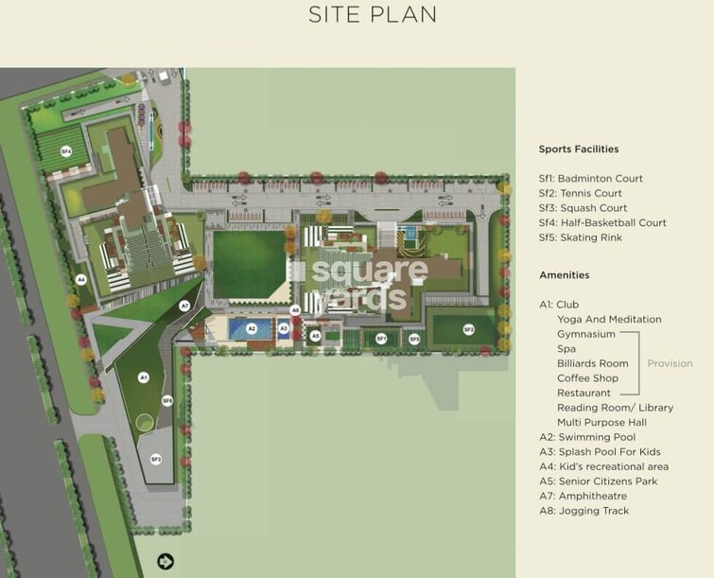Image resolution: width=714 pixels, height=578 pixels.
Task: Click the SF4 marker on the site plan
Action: click(66, 151)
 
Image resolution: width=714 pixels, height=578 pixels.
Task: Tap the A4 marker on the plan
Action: click(81, 280)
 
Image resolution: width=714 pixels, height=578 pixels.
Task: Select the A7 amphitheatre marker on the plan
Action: click(184, 306)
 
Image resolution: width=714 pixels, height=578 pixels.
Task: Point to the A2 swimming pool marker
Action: click(252, 329)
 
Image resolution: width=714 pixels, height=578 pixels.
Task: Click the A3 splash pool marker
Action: click(284, 328)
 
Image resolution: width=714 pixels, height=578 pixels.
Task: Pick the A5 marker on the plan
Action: click(315, 335)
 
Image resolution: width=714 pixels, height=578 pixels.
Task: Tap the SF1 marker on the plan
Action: click(381, 338)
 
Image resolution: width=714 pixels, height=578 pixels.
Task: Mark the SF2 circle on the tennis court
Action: click(469, 329)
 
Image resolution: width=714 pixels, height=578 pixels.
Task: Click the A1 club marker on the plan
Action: click(144, 377)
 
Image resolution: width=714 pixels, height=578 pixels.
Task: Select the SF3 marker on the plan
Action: click(156, 460)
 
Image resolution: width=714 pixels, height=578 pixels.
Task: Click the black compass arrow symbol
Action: click(165, 562)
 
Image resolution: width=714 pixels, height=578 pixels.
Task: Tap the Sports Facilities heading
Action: click(578, 149)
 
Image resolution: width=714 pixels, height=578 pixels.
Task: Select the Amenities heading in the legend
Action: click(564, 275)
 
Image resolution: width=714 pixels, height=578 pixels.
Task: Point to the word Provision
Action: click(670, 363)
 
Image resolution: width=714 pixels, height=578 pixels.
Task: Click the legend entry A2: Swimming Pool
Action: click(587, 437)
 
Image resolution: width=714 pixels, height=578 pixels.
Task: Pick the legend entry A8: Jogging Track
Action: click(583, 511)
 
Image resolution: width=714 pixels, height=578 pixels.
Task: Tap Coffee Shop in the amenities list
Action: click(587, 378)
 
